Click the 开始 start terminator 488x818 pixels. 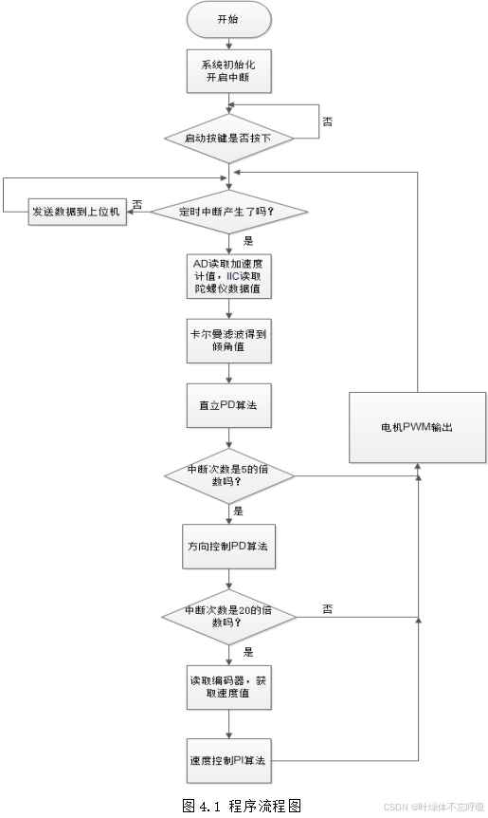point(228,18)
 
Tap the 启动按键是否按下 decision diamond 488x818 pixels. point(228,139)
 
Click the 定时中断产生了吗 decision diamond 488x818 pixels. point(228,210)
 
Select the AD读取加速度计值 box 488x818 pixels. point(228,274)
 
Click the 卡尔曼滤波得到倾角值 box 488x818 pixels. point(228,341)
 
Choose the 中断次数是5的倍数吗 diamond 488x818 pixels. point(228,475)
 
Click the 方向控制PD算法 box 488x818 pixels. point(228,548)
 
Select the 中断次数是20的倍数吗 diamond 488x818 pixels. point(228,617)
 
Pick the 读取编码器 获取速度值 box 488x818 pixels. point(228,687)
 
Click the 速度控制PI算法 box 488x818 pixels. point(228,760)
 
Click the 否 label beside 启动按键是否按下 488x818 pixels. point(327,121)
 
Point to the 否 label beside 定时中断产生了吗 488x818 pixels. point(137,203)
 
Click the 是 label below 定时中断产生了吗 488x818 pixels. point(248,240)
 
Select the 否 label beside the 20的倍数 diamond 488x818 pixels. point(327,607)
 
